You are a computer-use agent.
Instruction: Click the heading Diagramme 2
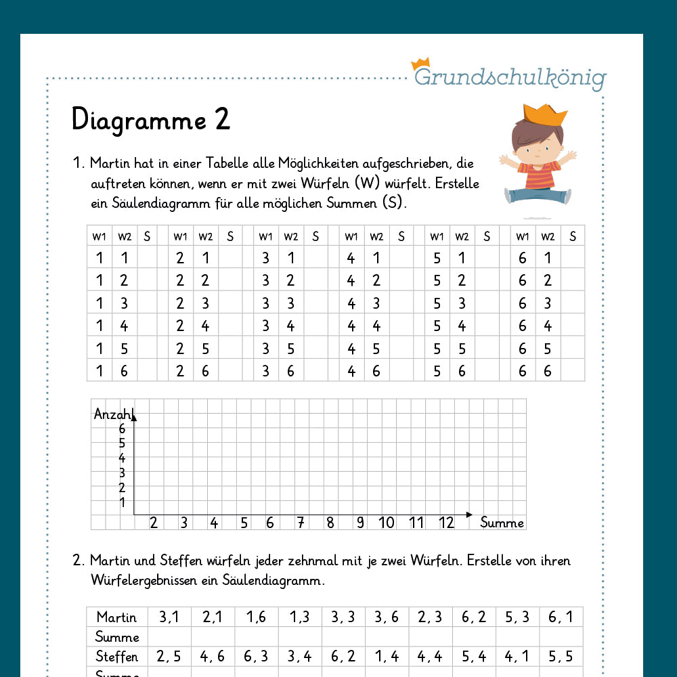(x=151, y=120)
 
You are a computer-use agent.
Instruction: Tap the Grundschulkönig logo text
(x=510, y=78)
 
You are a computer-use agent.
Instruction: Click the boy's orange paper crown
(x=545, y=114)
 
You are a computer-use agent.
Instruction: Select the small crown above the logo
(x=420, y=63)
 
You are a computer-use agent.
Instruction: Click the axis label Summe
(x=502, y=523)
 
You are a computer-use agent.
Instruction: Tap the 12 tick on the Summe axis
(x=446, y=523)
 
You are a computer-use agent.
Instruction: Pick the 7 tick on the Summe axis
(x=300, y=523)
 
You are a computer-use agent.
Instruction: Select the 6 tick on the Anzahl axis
(x=122, y=429)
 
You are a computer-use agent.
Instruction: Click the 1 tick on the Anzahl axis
(x=122, y=502)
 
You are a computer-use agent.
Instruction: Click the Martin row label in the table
(x=116, y=617)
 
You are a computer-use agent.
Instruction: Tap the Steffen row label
(x=116, y=656)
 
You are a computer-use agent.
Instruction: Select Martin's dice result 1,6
(x=257, y=617)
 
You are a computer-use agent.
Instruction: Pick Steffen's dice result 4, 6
(x=213, y=656)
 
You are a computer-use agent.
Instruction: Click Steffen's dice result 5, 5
(x=561, y=656)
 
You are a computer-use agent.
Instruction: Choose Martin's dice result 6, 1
(x=561, y=617)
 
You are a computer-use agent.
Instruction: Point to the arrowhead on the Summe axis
(x=469, y=515)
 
